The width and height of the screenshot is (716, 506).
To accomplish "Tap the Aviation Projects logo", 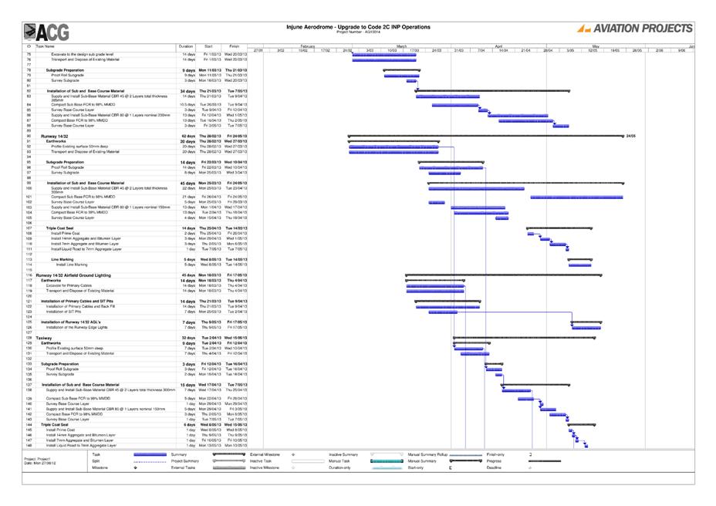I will [635, 29].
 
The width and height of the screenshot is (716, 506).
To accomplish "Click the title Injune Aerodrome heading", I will [358, 26].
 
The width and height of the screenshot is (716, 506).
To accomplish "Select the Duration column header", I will [185, 46].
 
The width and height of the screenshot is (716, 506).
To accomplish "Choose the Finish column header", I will [235, 46].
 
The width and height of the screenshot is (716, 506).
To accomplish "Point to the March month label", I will [401, 46].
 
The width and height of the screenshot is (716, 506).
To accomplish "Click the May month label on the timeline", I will [595, 46].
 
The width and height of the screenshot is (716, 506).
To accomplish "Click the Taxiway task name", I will [43, 338].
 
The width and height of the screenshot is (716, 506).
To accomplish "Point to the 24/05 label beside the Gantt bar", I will [630, 136].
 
